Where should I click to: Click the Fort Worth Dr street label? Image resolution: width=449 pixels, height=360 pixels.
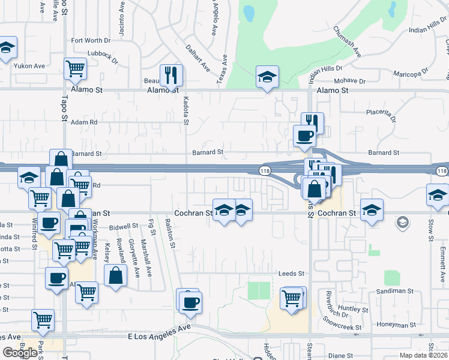(x=91, y=41)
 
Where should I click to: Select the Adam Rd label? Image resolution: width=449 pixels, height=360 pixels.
(x=84, y=122)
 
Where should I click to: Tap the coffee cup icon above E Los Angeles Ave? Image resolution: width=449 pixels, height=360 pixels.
(x=191, y=302)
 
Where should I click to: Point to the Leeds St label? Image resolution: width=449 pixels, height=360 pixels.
(x=292, y=274)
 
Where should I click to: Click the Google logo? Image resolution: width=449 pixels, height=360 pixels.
(x=19, y=352)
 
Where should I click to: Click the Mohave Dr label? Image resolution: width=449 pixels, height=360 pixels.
(x=351, y=80)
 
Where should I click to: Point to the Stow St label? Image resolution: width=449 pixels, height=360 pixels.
(x=431, y=229)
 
